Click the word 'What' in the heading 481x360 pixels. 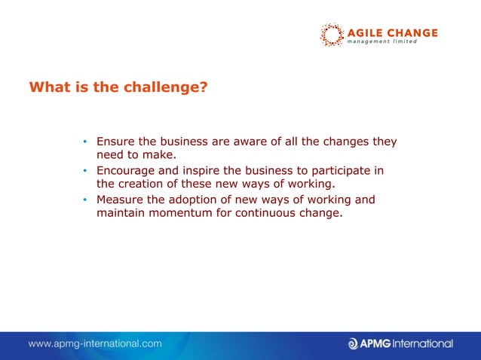click(47, 87)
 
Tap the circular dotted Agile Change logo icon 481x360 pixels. click(331, 35)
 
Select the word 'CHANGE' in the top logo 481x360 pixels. click(412, 32)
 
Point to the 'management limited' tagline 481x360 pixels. click(381, 42)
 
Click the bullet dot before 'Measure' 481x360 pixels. click(86, 200)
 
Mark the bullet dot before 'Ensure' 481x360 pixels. click(86, 142)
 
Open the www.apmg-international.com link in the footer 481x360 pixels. click(95, 343)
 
